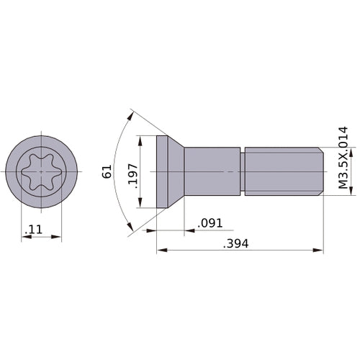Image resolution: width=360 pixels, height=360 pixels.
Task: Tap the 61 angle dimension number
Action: click(x=107, y=171)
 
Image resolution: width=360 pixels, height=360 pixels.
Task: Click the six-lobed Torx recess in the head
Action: click(x=41, y=171)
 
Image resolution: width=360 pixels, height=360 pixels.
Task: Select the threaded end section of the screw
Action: click(x=283, y=171)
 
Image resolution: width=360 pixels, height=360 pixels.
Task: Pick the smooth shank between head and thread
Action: click(x=212, y=171)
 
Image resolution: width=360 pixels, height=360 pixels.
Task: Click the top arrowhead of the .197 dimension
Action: click(x=143, y=140)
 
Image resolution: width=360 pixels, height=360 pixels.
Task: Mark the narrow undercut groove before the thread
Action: click(x=243, y=171)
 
